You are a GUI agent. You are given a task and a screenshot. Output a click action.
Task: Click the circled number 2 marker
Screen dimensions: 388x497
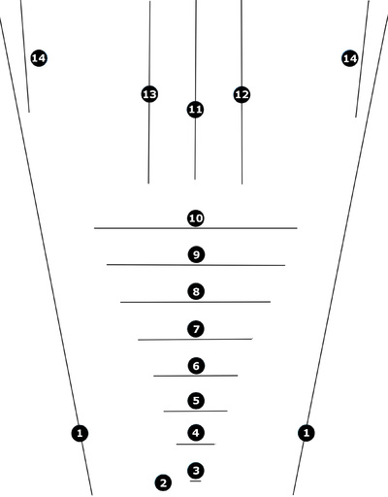point(163,482)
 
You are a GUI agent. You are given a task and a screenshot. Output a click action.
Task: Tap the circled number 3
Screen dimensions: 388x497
point(196,470)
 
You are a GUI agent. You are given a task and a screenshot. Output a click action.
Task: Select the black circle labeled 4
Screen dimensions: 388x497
point(196,433)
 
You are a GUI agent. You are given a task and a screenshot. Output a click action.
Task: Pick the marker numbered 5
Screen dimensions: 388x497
point(196,401)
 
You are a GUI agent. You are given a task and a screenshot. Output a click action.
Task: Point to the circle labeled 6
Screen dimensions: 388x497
point(196,366)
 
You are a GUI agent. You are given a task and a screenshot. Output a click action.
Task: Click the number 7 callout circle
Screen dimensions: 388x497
point(196,329)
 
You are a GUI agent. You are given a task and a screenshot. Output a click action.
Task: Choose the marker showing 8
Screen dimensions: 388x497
point(196,291)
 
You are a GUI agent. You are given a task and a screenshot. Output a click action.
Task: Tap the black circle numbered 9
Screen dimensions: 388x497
point(196,254)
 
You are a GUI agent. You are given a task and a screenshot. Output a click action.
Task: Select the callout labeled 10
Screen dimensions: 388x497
point(196,218)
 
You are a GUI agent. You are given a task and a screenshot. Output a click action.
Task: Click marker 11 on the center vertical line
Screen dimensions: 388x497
point(195,110)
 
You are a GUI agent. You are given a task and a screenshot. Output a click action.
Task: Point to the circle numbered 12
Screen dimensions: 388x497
point(242,94)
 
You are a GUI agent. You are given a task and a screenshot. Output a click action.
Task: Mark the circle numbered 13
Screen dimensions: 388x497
point(149,94)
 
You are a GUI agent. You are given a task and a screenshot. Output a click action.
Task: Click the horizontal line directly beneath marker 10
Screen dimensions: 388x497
point(196,228)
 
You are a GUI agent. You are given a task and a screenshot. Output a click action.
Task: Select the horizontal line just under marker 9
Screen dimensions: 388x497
point(196,265)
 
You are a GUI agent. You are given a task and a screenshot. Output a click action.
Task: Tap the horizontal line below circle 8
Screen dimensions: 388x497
point(195,302)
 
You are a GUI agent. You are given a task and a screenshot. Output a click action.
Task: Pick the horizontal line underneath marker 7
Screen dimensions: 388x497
point(195,340)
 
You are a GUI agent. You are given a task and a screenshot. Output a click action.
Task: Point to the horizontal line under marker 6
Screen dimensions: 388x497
point(196,376)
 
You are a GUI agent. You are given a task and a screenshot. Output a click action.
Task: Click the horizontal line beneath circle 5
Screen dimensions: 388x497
point(195,411)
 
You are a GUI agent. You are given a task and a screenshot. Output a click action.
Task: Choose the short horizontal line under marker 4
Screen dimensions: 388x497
point(196,444)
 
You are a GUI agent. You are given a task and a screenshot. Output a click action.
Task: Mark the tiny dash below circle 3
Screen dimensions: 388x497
point(196,481)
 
